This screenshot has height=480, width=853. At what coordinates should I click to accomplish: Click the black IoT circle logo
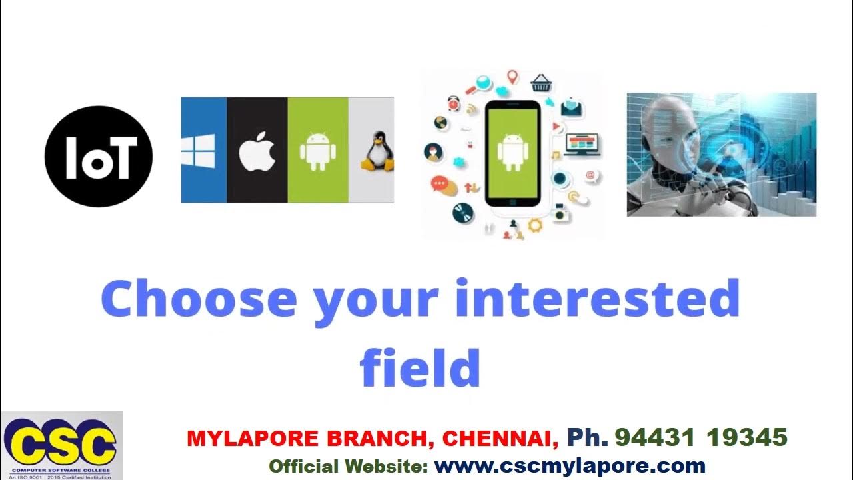coord(99,156)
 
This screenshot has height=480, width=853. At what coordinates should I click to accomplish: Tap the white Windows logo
coord(198,151)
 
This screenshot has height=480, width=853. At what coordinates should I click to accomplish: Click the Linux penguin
coord(377,153)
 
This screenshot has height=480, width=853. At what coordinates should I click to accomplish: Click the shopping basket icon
coord(540,83)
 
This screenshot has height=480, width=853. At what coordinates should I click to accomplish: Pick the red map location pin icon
coord(512,77)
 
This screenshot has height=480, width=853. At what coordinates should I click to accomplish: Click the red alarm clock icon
coord(454,103)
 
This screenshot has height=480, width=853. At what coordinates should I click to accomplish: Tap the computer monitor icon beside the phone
coord(582,143)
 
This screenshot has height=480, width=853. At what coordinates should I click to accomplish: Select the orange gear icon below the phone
coord(534,225)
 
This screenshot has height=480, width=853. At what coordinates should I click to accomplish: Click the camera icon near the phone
coord(560,215)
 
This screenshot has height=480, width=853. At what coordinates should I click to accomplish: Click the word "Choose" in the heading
coord(198,298)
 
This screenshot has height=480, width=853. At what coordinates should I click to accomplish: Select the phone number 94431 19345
coord(701,438)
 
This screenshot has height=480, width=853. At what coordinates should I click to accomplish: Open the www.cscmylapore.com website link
coord(570,465)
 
